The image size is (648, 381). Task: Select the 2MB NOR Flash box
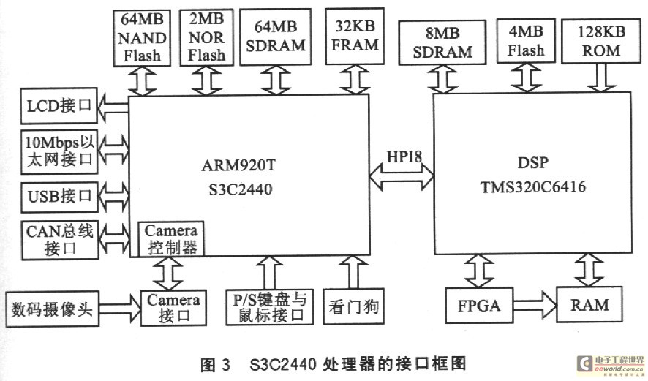(207, 37)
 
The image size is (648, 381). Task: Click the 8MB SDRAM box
(442, 42)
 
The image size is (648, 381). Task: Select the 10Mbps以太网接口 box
(59, 151)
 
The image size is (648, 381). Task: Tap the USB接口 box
(59, 195)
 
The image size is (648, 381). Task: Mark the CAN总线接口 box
(59, 239)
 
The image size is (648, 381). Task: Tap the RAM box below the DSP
(589, 304)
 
